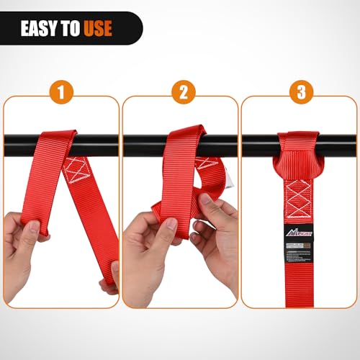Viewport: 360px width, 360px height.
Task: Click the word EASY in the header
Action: coord(42,29)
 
